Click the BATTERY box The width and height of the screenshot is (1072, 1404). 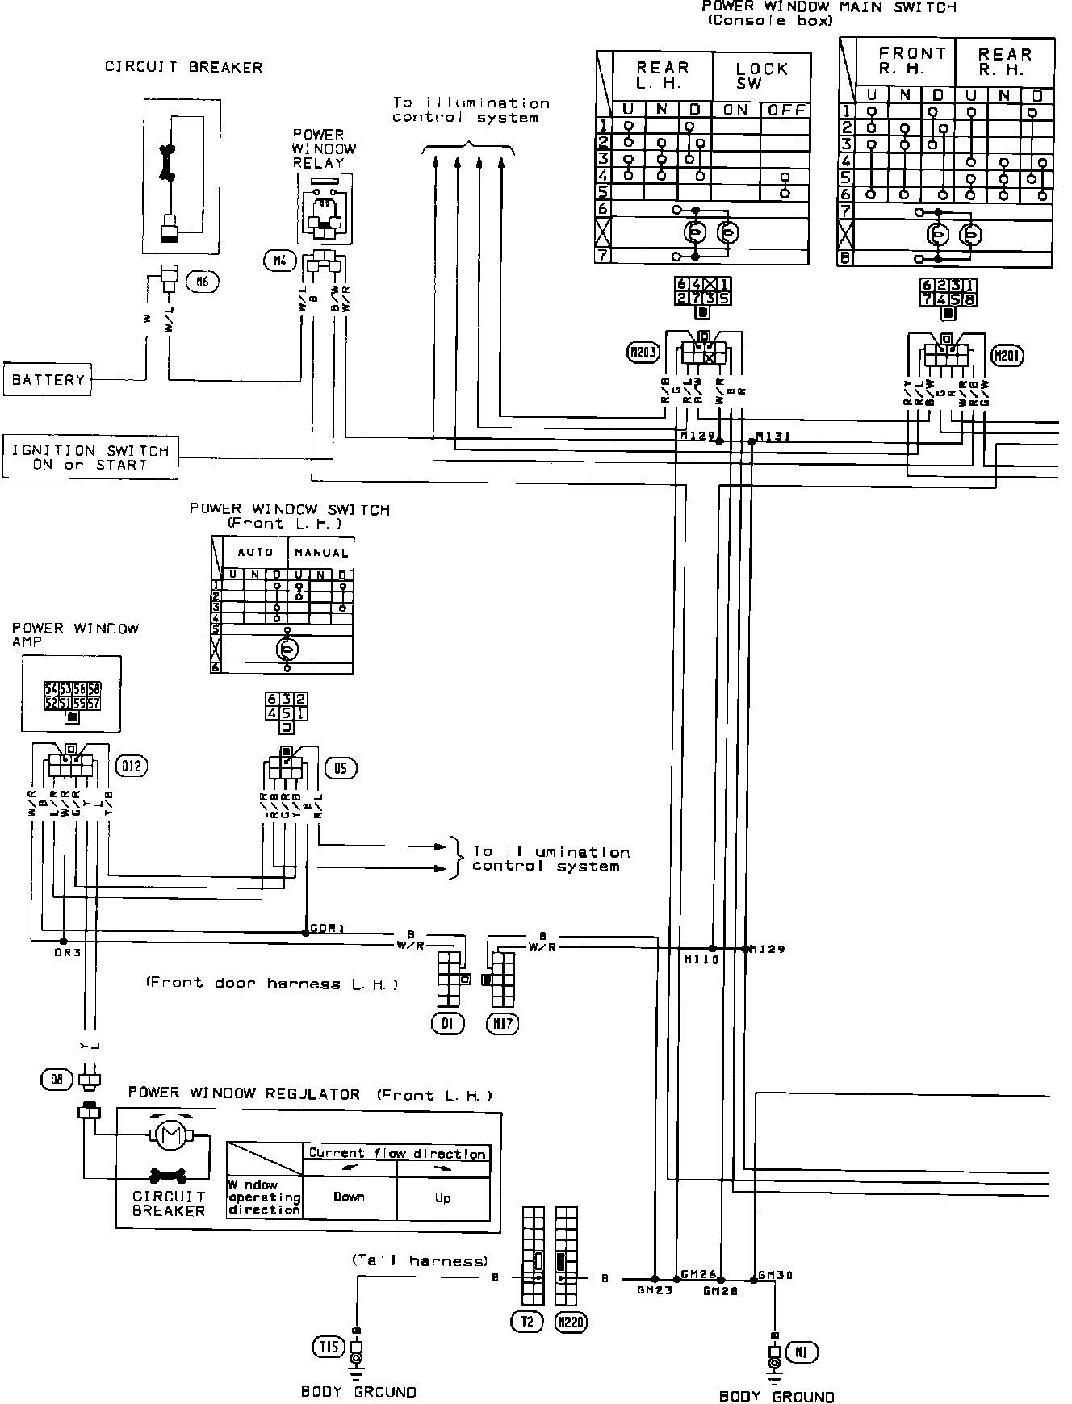tap(48, 379)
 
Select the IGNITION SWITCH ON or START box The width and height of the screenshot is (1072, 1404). tap(90, 458)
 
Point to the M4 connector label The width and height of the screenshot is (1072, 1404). tap(278, 260)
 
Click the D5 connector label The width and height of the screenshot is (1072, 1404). tap(341, 767)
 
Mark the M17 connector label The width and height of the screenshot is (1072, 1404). tap(502, 1023)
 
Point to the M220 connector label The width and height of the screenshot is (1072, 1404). tap(572, 1322)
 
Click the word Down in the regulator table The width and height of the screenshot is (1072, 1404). tap(349, 1197)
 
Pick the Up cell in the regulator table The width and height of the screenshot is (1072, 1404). tap(443, 1197)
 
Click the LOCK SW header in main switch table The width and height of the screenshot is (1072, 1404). tap(761, 76)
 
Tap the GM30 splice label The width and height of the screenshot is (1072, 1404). tap(775, 1276)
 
